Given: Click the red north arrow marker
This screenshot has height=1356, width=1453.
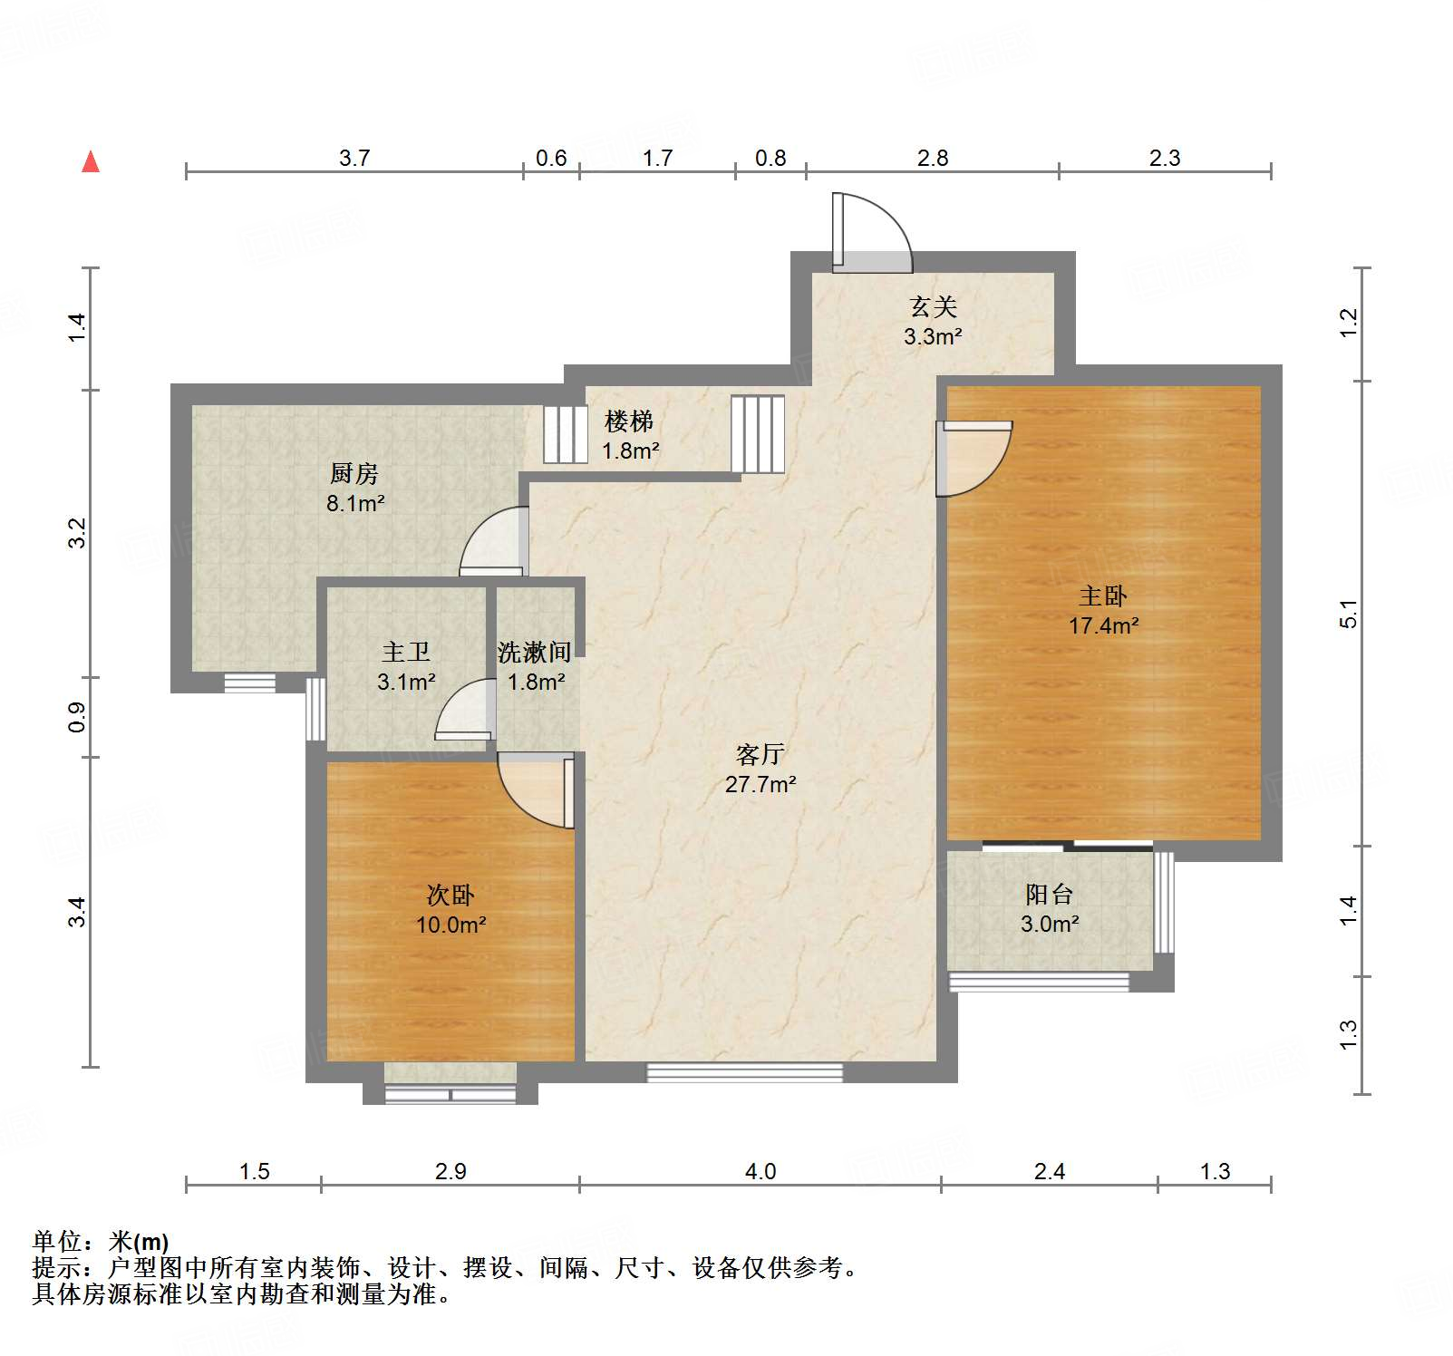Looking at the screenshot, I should (91, 162).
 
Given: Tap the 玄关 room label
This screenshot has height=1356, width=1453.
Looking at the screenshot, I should (933, 307).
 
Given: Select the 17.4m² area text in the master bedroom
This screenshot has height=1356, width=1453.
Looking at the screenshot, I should (1103, 625).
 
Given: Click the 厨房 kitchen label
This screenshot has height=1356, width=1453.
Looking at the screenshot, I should (354, 473).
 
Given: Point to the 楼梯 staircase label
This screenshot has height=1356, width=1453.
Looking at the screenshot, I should (629, 421).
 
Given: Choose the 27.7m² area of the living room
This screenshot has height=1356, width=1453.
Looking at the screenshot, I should (760, 784).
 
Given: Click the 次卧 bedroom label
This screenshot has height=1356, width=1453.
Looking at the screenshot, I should (450, 896).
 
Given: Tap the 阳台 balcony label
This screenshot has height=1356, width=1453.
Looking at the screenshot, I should (1049, 895).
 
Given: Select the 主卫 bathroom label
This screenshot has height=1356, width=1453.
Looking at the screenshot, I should (406, 652).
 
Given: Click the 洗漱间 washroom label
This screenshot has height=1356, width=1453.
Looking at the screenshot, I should (535, 653).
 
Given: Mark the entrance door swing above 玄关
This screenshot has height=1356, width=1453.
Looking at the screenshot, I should (872, 233).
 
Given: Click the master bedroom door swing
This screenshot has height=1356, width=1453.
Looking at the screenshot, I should (974, 458).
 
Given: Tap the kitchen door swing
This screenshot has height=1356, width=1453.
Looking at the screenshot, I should (494, 542).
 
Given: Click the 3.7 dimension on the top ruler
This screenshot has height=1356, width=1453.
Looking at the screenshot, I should (354, 159).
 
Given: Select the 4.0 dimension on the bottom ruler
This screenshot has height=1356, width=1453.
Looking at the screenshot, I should (760, 1172).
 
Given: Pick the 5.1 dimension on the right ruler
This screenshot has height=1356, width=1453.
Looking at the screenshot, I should (1349, 615).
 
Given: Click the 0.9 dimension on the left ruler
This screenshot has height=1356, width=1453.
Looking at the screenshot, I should (78, 717).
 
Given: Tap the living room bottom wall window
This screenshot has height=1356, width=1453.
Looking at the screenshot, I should (744, 1073).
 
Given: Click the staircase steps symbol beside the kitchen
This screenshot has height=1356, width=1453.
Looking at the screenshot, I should (566, 435).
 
